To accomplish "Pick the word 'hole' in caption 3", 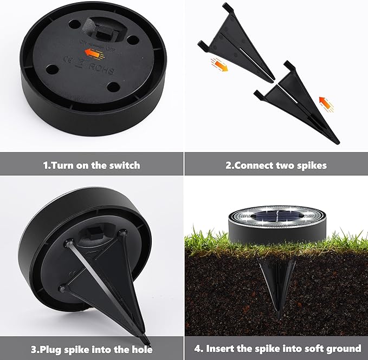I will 140,349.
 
